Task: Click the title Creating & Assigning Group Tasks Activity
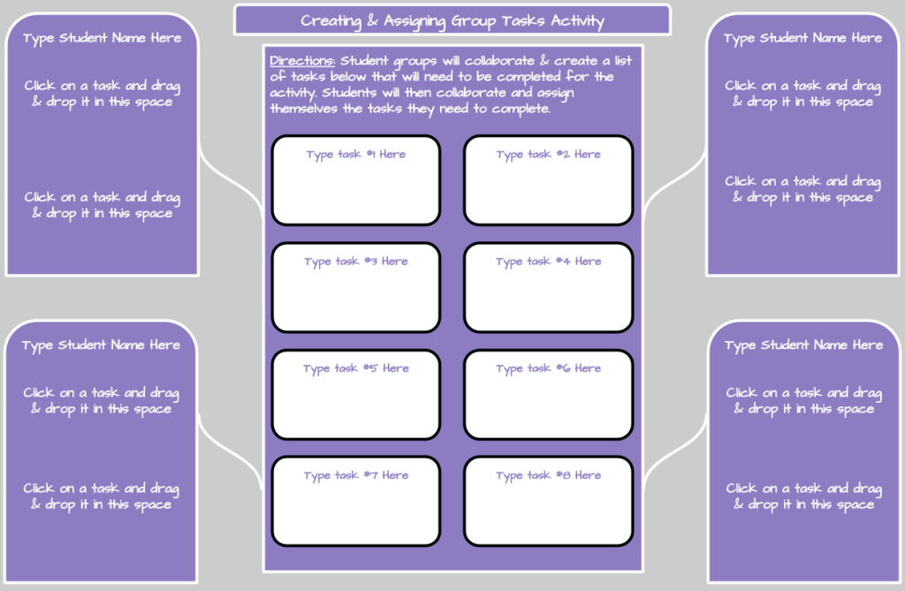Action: tap(452, 20)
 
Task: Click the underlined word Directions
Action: tap(301, 61)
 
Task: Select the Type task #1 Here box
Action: tap(355, 180)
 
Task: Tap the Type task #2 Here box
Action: tap(548, 180)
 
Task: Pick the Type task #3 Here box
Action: tap(355, 287)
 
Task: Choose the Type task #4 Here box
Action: tap(548, 287)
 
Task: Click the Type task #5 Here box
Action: tap(355, 394)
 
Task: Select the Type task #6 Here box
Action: tap(548, 394)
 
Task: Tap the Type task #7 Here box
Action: tap(355, 501)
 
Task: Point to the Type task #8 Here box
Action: tap(548, 501)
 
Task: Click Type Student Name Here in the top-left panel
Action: tap(102, 38)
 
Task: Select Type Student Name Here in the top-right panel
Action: tap(802, 38)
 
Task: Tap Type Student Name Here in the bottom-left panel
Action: tap(101, 345)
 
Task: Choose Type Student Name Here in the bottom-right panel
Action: tap(803, 345)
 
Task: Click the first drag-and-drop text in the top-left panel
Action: tap(102, 94)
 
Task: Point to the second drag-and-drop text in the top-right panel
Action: tap(802, 189)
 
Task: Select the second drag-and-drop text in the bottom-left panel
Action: tap(101, 496)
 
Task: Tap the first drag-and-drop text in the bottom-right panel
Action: tap(803, 400)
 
